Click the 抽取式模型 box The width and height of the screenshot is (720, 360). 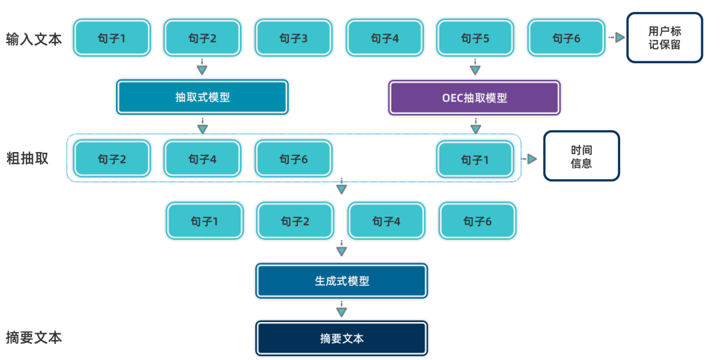[x=203, y=97]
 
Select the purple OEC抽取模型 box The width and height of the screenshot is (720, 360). [x=474, y=97]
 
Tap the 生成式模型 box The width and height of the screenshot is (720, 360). [x=341, y=281]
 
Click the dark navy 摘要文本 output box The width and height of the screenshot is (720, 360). [x=341, y=338]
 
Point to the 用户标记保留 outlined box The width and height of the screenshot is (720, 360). [x=664, y=38]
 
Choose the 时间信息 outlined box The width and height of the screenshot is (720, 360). [x=581, y=156]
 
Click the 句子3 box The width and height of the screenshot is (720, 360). [x=293, y=38]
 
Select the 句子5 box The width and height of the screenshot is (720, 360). [x=475, y=38]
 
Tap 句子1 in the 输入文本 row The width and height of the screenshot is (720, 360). [x=112, y=38]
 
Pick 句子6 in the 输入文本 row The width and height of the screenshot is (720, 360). [x=566, y=38]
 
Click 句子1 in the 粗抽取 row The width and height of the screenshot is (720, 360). [x=475, y=159]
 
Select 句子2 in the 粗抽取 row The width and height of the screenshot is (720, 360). [x=112, y=159]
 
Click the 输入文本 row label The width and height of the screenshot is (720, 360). [x=34, y=39]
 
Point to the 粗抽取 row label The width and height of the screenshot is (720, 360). [x=27, y=159]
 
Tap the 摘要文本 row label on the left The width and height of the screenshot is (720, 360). [x=34, y=337]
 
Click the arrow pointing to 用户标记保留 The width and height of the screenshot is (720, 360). [x=616, y=38]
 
